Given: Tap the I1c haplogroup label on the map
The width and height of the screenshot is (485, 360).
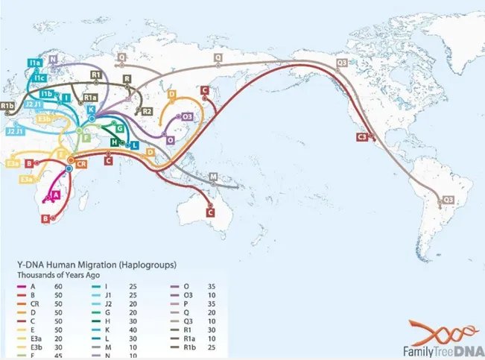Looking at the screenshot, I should pos(35,77).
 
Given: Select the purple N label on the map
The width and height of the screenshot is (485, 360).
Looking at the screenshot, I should pos(54,58).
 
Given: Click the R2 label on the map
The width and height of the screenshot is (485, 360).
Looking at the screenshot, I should pos(148,111).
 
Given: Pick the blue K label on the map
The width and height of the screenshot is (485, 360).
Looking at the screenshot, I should pos(91,110).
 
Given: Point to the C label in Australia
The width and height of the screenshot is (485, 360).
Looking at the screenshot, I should pos(210,214).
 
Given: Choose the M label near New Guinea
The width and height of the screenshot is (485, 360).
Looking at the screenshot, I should pos(214,176).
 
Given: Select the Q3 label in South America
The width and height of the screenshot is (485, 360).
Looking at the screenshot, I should pos(448,199).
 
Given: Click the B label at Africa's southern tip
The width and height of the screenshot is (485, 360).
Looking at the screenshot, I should pos(46,218).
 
